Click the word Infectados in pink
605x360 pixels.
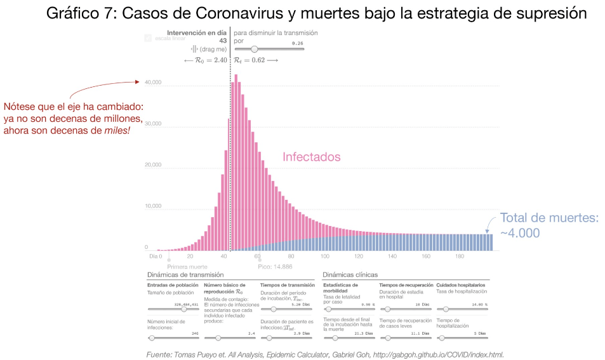click(311, 157)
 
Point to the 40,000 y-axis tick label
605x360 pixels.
click(153, 83)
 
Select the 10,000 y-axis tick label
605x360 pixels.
click(153, 206)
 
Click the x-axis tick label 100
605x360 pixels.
click(325, 257)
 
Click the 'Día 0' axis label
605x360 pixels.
click(156, 257)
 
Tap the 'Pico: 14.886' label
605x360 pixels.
click(275, 266)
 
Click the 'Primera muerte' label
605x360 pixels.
click(187, 266)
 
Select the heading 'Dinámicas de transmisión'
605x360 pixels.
click(185, 275)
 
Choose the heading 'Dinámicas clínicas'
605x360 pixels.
click(350, 275)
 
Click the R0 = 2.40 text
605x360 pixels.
click(205, 60)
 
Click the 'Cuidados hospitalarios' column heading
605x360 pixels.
click(462, 285)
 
